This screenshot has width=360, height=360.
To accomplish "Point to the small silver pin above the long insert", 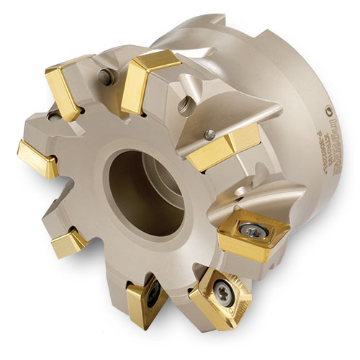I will tap(209, 134).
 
